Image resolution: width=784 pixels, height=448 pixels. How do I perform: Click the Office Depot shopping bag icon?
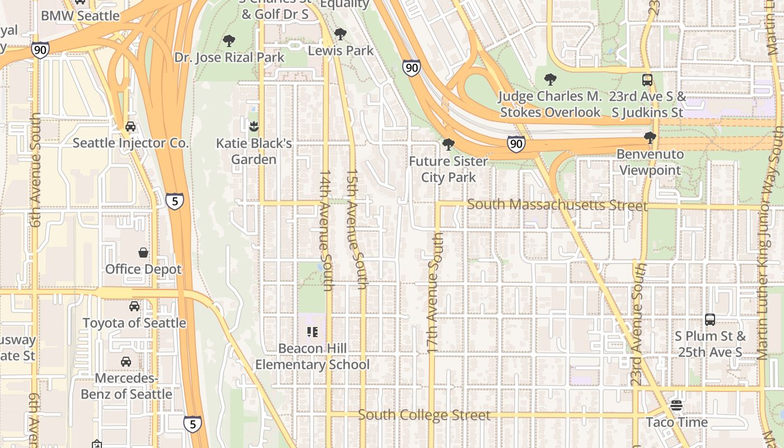143,253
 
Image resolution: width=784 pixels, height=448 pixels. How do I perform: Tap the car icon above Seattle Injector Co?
130,127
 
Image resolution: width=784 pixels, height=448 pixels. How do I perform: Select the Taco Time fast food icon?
676,405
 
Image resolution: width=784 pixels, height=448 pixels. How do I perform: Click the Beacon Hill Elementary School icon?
312,332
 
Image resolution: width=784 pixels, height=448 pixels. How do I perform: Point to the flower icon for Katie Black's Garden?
254,127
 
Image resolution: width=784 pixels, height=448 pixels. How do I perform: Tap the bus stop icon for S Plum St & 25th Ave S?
710,320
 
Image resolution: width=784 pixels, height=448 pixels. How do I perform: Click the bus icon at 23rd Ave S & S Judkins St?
647,80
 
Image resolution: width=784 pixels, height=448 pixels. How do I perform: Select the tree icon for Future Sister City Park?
448,145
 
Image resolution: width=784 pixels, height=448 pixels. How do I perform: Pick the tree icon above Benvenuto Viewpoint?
650,138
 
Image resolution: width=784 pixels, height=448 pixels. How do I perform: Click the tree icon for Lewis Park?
340,34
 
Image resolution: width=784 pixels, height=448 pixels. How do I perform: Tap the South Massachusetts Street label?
557,205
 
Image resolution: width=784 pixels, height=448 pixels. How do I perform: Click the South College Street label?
424,415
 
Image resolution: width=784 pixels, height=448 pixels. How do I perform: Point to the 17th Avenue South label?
435,293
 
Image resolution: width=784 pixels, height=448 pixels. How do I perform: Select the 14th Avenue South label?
326,231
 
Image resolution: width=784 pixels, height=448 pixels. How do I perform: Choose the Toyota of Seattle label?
134,323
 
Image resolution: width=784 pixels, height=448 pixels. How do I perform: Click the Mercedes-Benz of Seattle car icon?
126,362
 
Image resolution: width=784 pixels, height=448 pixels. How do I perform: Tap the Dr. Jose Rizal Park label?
229,58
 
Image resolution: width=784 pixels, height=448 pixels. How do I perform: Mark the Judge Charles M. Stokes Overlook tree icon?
550,80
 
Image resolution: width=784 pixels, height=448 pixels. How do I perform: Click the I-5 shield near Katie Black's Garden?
175,200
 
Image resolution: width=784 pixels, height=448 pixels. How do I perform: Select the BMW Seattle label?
80,16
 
